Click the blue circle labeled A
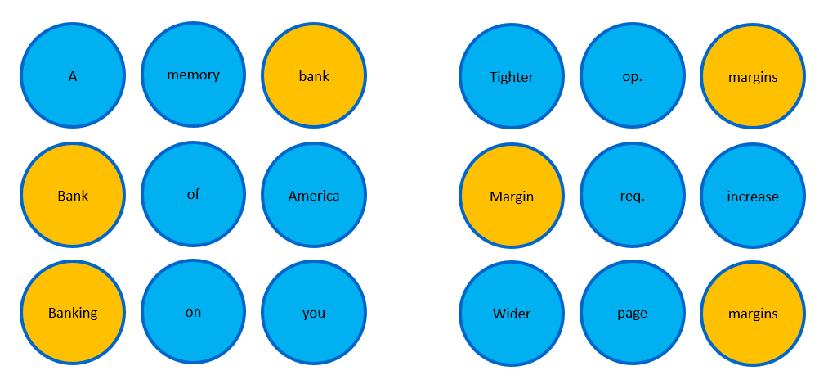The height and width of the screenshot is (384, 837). (73, 75)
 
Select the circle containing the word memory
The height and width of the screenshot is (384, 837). (193, 75)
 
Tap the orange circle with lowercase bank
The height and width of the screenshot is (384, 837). (314, 75)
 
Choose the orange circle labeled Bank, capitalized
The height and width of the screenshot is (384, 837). (73, 196)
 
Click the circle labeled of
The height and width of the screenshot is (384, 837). (193, 194)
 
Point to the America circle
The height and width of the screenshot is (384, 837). (314, 196)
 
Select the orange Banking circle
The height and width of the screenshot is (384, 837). (73, 313)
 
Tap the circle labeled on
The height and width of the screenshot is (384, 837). (193, 312)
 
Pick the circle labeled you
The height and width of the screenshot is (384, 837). (314, 313)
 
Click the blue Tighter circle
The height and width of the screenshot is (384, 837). (512, 75)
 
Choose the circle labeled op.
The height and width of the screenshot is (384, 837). (632, 75)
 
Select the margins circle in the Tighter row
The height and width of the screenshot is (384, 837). (753, 75)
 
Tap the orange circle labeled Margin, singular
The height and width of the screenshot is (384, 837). (512, 197)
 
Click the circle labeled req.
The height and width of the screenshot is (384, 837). (632, 197)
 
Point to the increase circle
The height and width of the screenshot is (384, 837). (753, 197)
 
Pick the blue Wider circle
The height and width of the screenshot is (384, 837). (512, 314)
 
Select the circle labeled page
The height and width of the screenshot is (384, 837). (632, 314)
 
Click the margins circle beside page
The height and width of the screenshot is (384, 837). (753, 314)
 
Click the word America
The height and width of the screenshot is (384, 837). (314, 196)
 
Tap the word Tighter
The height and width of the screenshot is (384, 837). (512, 77)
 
